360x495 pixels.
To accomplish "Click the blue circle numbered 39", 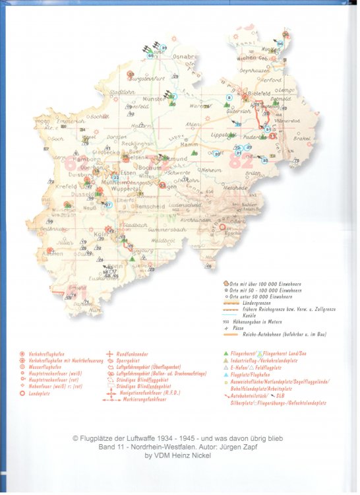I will pyautogui.click(x=164, y=48).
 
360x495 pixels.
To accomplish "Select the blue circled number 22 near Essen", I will pyautogui.click(x=115, y=177).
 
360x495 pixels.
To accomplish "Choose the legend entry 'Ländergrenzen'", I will pyautogui.click(x=257, y=304).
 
